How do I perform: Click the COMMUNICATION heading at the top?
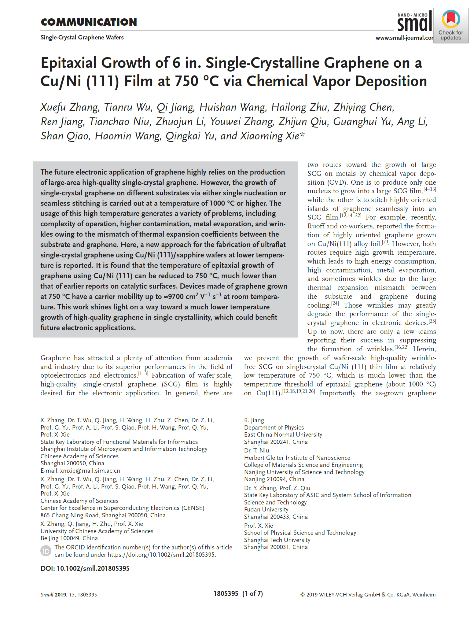pyautogui.click(x=89, y=22)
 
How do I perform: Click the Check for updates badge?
pyautogui.click(x=451, y=26)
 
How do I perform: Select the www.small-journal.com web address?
pyautogui.click(x=404, y=38)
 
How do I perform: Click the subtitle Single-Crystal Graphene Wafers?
pyautogui.click(x=82, y=38)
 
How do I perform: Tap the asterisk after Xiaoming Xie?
pyautogui.click(x=302, y=135)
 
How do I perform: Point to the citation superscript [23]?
pyautogui.click(x=386, y=242)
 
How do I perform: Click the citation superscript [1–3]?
pyautogui.click(x=143, y=374)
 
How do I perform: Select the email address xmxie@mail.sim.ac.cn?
pyautogui.click(x=90, y=471)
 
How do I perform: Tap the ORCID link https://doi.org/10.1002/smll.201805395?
pyautogui.click(x=162, y=555)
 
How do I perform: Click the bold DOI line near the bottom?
pyautogui.click(x=85, y=568)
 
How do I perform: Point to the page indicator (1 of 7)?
pyautogui.click(x=252, y=594)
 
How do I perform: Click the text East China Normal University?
pyautogui.click(x=283, y=434)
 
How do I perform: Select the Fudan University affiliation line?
pyautogui.click(x=266, y=509)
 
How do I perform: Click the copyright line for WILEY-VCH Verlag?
pyautogui.click(x=368, y=595)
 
